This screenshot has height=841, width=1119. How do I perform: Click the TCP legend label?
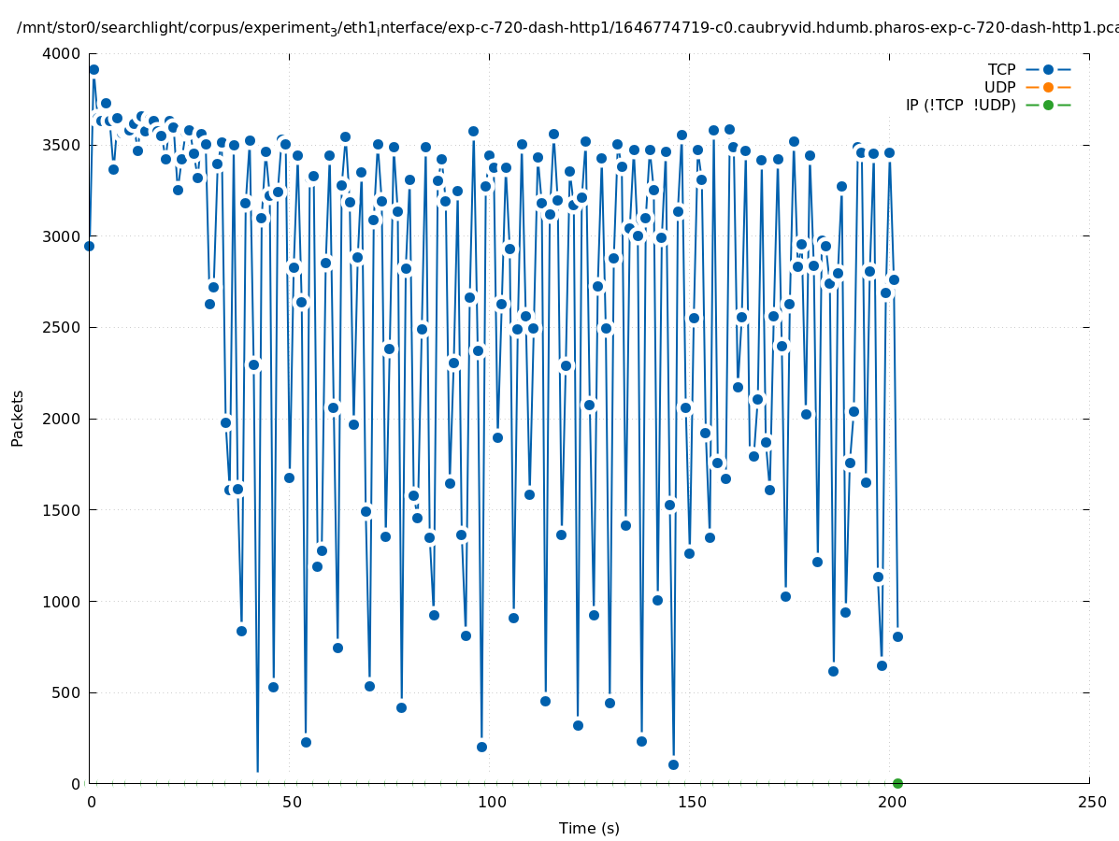point(1001,69)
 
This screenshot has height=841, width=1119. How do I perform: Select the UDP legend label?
point(999,87)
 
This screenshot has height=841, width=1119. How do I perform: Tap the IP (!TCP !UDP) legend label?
point(960,105)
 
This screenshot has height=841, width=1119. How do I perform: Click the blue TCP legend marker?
point(1048,69)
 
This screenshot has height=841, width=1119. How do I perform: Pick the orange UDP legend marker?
point(1048,87)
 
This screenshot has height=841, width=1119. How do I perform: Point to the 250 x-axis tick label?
point(1090,802)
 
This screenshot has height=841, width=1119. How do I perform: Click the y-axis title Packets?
point(18,418)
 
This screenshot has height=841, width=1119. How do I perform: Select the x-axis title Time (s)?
point(589,828)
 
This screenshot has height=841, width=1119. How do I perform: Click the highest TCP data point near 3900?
point(93,69)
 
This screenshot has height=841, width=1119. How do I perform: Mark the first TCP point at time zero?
point(89,246)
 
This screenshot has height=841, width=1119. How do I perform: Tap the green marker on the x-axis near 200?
point(897,783)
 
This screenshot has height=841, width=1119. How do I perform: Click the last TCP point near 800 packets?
point(897,636)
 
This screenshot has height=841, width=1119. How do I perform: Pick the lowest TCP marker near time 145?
point(673,764)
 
